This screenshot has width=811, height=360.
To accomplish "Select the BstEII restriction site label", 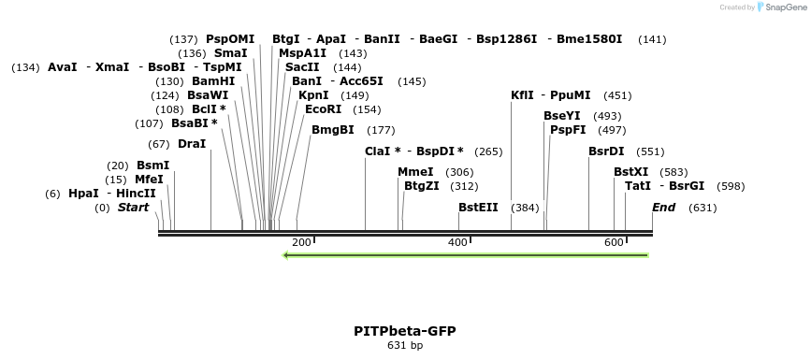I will point(478,208).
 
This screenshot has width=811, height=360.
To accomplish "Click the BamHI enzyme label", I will point(214,81).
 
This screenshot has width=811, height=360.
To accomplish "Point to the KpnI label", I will point(313,95).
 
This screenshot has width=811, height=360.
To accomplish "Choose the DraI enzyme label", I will point(192,144).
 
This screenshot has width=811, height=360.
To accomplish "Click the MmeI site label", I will point(416,172).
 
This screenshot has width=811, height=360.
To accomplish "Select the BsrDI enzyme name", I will point(606,151).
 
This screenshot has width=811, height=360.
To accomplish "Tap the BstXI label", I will point(630,172).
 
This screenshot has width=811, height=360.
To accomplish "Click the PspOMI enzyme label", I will point(230,39).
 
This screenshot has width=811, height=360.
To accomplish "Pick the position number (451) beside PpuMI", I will point(617,95).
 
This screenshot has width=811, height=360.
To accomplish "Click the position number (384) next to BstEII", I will point(525,208).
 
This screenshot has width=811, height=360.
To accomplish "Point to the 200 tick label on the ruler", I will point(301,243).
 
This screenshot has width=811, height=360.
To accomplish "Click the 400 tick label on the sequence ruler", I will point(457,243).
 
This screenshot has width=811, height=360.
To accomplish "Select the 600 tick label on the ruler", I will point(614,243).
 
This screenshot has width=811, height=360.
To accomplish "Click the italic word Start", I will point(133,208).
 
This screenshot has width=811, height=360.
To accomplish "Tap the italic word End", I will point(664,208).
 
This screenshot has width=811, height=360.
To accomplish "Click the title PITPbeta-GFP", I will point(405,331).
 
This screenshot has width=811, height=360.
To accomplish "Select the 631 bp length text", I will point(405,346).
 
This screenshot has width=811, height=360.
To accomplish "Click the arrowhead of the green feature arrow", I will point(287,254).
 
